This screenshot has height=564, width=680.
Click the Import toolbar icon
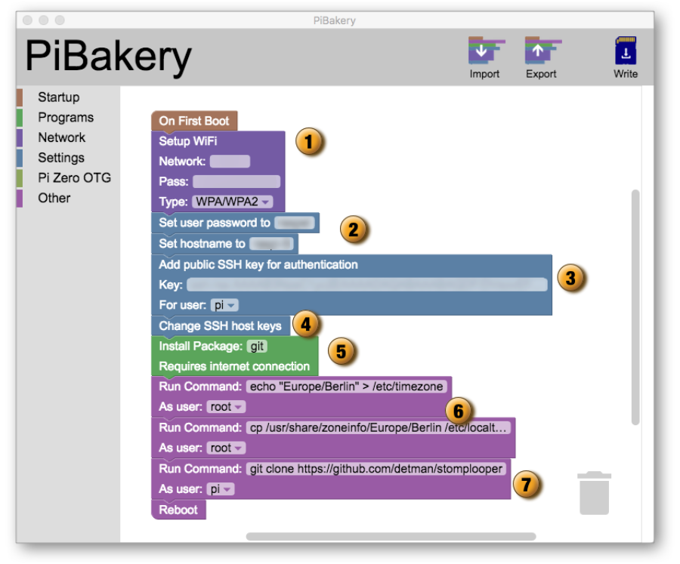pos(484,51)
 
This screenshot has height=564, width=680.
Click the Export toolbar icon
pos(541,51)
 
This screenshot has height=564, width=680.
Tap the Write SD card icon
pos(625,51)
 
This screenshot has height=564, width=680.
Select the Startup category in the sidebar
pos(58,97)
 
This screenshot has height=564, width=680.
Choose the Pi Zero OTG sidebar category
pos(74,178)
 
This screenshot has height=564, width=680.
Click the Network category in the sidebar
pos(61,137)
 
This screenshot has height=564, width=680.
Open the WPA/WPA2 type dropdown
pos(233,202)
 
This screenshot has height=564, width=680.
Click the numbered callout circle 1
pos(309,141)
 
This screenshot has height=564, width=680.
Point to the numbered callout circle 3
pos(571,278)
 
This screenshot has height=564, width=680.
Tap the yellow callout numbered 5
pos(341,351)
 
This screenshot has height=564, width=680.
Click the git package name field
pos(257,346)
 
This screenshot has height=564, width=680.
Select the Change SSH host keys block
pos(220,326)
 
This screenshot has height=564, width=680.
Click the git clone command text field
pos(376,469)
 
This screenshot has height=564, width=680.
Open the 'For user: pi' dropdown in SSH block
pos(224,305)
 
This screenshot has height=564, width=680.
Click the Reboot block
pos(178,510)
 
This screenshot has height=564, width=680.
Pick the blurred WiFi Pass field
pos(236,182)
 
